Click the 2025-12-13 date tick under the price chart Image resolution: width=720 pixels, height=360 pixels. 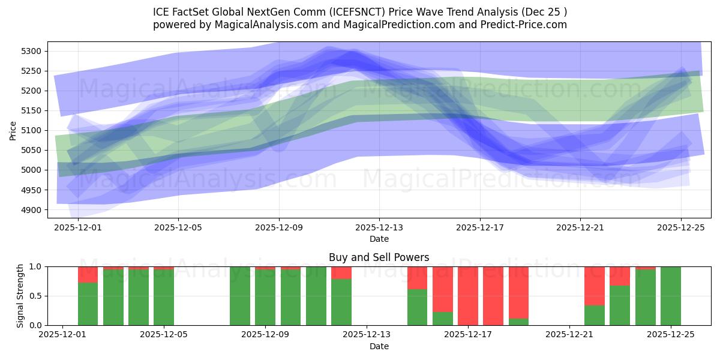[x=379, y=228]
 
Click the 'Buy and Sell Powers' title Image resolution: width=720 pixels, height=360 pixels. [x=379, y=257]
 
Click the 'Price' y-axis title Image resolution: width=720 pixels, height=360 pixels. [x=13, y=130]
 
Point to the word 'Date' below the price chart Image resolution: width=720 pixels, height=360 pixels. [x=379, y=239]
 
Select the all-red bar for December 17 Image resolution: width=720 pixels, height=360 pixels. [x=468, y=296]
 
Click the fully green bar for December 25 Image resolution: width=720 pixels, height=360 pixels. [x=671, y=296]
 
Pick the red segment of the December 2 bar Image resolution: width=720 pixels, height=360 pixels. [x=88, y=274]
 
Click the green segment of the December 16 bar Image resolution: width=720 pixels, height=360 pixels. [x=443, y=319]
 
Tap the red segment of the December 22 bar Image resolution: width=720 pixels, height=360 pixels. [x=595, y=286]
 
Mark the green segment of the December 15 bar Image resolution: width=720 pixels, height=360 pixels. [x=418, y=307]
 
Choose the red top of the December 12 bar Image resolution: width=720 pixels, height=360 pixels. [x=341, y=272]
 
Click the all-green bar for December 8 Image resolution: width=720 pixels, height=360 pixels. [x=240, y=296]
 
